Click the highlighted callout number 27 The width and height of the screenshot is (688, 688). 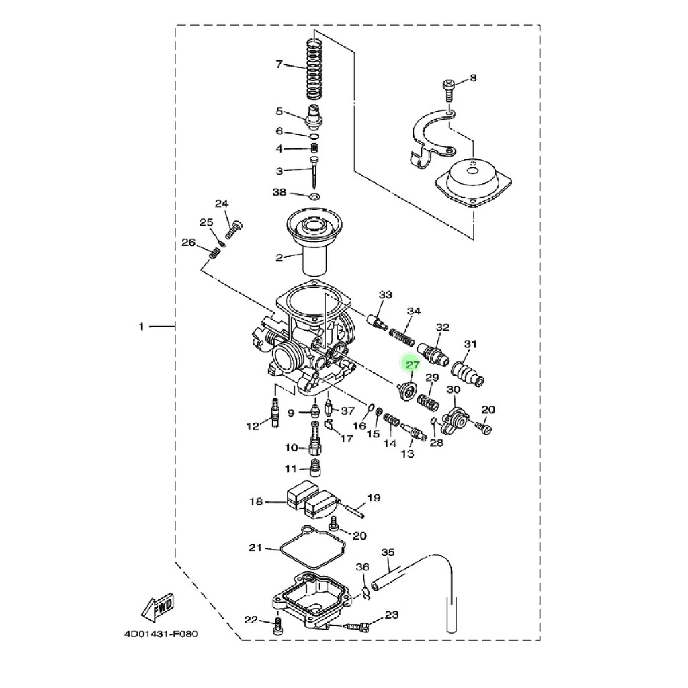(x=413, y=365)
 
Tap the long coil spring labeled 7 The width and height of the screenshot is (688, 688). (x=313, y=69)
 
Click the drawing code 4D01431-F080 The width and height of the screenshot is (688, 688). (x=161, y=634)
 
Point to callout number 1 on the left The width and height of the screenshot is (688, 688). (x=141, y=327)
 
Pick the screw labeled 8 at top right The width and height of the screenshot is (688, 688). (x=448, y=90)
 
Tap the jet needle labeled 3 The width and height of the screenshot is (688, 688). (x=314, y=171)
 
